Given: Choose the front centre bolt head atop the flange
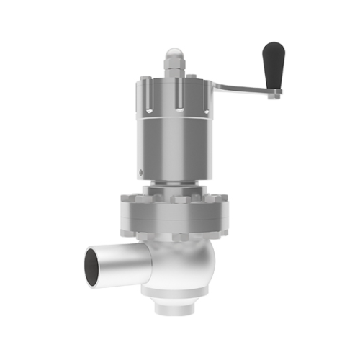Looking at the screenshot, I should click(177, 199).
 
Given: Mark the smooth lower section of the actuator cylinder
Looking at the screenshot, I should click(173, 151).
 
